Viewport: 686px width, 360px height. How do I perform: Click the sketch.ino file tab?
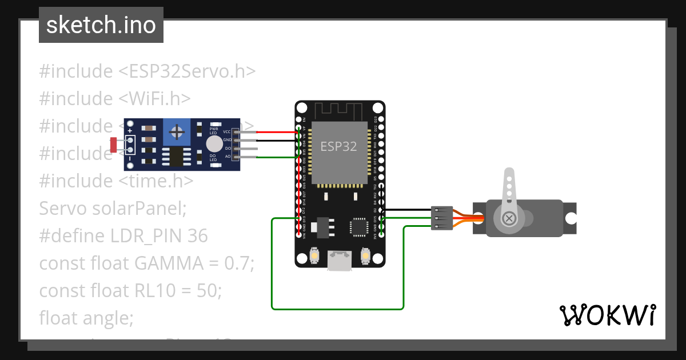[x=101, y=25]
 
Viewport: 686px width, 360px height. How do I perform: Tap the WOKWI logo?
[x=607, y=315]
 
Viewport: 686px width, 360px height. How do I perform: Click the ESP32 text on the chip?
[x=338, y=146]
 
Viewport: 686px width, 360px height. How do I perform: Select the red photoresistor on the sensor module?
[x=113, y=145]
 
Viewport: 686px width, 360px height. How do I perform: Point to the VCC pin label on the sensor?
[x=227, y=132]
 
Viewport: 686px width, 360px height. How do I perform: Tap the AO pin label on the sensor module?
[x=228, y=157]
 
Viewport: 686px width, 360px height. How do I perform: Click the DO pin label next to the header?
[x=228, y=149]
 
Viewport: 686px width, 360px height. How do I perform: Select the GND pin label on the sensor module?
[x=227, y=140]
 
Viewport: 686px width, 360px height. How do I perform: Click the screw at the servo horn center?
[x=508, y=218]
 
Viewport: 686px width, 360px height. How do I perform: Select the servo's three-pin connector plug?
[x=442, y=218]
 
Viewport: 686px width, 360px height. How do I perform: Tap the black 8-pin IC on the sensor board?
[x=173, y=156]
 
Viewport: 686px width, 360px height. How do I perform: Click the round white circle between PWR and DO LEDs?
[x=214, y=143]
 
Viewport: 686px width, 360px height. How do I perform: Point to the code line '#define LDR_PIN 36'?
[x=123, y=236]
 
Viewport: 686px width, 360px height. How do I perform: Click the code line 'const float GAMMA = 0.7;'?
[x=146, y=263]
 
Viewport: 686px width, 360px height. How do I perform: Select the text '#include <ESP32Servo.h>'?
[x=147, y=71]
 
